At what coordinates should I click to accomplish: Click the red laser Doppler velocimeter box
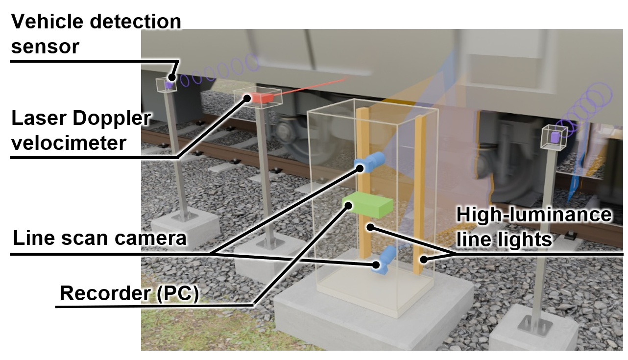click(x=262, y=98)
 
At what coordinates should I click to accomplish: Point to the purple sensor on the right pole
click(x=554, y=137)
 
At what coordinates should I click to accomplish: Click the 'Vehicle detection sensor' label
click(x=96, y=34)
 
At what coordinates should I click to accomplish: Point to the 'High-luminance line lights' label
click(x=534, y=227)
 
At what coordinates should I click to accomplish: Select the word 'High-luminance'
click(x=534, y=215)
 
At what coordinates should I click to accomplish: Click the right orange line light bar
click(x=419, y=196)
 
